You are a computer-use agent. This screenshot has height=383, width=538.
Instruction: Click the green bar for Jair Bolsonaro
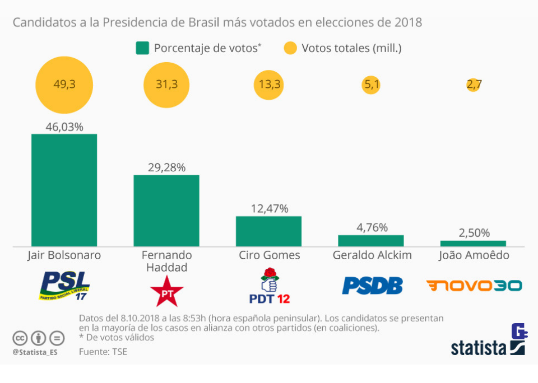(x=64, y=190)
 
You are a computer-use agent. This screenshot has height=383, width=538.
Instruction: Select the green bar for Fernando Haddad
(x=166, y=211)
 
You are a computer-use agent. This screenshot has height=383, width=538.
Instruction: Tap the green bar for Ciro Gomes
(x=268, y=231)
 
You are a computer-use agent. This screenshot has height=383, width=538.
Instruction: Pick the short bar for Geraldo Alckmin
(x=370, y=241)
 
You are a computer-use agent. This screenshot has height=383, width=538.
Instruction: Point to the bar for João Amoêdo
(x=473, y=243)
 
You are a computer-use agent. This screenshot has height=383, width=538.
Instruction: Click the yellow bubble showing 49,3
(x=64, y=85)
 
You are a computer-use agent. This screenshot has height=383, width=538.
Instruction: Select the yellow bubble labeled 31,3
(x=166, y=85)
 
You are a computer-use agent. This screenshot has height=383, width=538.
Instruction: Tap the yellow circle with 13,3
(x=269, y=85)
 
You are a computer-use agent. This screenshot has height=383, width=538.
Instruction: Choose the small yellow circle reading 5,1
(x=371, y=85)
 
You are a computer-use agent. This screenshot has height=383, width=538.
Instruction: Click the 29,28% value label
(x=166, y=167)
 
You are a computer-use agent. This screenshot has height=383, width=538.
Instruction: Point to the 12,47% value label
(x=269, y=209)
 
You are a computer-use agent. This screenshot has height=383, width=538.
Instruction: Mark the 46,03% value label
(x=64, y=127)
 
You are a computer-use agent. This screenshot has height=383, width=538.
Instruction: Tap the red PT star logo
(x=166, y=291)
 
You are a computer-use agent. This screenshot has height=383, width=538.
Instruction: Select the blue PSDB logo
(x=372, y=286)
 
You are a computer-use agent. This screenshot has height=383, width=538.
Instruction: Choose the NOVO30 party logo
(x=474, y=286)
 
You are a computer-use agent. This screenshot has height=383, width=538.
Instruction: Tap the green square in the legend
(x=142, y=48)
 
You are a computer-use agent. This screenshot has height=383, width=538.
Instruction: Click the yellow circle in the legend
(x=290, y=48)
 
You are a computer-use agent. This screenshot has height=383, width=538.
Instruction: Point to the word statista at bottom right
(x=479, y=348)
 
